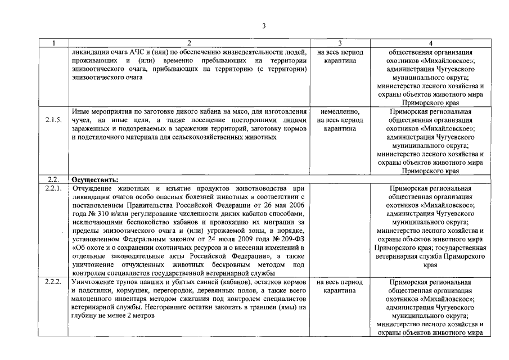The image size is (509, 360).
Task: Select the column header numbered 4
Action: tap(430, 43)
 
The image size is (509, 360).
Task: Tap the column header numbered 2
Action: tap(189, 43)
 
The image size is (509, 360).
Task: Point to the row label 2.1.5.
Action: tap(53, 120)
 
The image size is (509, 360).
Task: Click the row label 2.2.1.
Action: tap(53, 188)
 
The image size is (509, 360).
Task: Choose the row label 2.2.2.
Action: tap(53, 282)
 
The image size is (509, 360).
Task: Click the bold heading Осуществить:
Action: tap(94, 179)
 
